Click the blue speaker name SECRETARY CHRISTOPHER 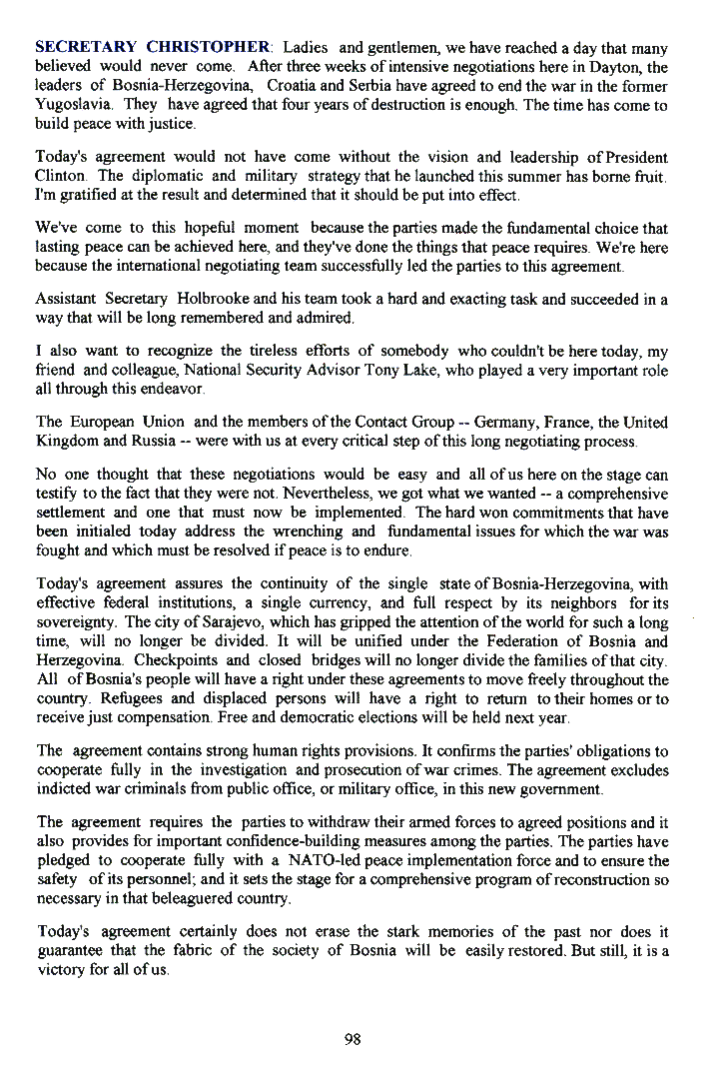pyautogui.click(x=153, y=47)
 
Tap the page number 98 pyautogui.click(x=352, y=1039)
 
